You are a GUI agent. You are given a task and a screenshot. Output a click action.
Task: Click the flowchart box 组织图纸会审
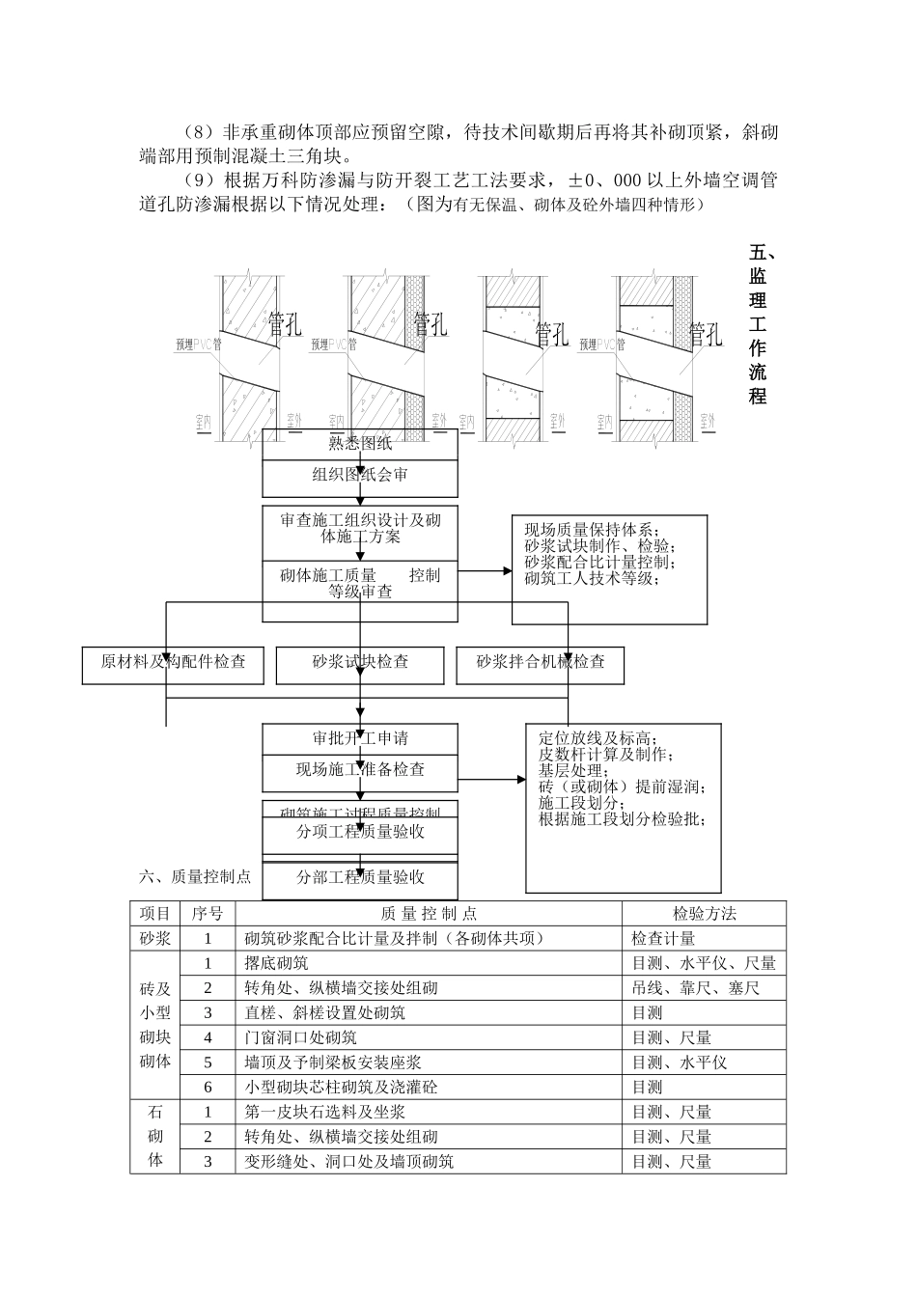tap(360, 475)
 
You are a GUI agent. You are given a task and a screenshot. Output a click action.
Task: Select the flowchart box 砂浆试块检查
tap(360, 662)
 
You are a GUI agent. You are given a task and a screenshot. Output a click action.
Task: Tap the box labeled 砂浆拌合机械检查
tap(541, 662)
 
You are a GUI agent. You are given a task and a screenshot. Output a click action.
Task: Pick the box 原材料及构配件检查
tap(173, 662)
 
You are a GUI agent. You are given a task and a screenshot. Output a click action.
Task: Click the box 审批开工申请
tap(360, 738)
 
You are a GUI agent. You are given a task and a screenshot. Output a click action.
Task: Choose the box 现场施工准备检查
tap(360, 770)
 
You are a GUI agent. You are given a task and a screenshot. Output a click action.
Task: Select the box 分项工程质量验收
tap(360, 832)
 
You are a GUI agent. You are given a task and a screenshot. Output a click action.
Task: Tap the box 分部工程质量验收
tap(360, 877)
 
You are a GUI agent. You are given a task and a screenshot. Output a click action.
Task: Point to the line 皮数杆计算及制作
tap(606, 755)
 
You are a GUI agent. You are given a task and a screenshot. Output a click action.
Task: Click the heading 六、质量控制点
tap(195, 876)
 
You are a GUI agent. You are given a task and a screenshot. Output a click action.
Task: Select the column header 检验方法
tap(704, 913)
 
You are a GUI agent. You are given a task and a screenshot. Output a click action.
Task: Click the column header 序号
tap(208, 913)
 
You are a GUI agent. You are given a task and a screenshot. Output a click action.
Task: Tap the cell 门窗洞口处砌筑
tap(301, 1037)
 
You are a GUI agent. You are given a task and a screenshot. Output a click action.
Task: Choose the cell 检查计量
tap(663, 938)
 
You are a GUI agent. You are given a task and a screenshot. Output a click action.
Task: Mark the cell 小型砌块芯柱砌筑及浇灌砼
tap(341, 1088)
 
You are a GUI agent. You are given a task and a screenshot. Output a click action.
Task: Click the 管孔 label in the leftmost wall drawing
tap(285, 324)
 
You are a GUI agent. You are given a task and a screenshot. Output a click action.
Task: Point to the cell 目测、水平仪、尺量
tap(704, 963)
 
